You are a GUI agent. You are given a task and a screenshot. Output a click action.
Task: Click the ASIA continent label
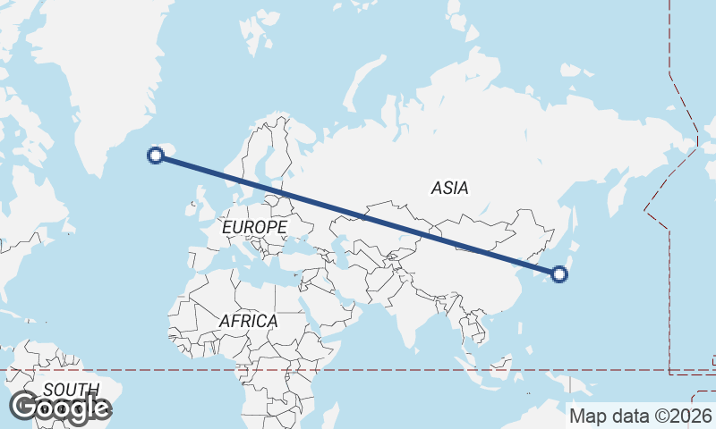click(x=449, y=188)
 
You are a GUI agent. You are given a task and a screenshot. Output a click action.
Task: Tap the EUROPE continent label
click(x=254, y=228)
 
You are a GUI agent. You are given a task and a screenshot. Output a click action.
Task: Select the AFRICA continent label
click(x=248, y=320)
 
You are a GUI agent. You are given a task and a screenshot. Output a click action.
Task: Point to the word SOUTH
click(x=71, y=390)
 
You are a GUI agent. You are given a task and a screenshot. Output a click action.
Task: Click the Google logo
click(x=60, y=408)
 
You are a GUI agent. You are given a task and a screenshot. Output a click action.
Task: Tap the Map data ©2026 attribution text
click(x=641, y=416)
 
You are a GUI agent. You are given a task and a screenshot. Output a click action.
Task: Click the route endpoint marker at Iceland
click(x=156, y=156)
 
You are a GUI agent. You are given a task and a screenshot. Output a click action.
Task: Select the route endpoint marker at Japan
click(x=559, y=274)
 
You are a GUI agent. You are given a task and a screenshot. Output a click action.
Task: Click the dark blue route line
click(x=358, y=214)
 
